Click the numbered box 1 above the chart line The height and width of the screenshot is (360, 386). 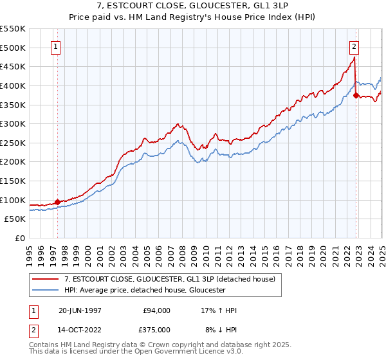57,46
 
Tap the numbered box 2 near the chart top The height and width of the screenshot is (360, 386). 354,46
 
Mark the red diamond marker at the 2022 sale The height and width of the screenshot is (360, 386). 356,96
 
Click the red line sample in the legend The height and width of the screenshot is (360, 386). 46,279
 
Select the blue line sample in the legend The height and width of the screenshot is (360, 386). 46,291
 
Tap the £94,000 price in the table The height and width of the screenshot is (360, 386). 157,310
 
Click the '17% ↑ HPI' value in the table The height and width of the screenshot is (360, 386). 219,310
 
